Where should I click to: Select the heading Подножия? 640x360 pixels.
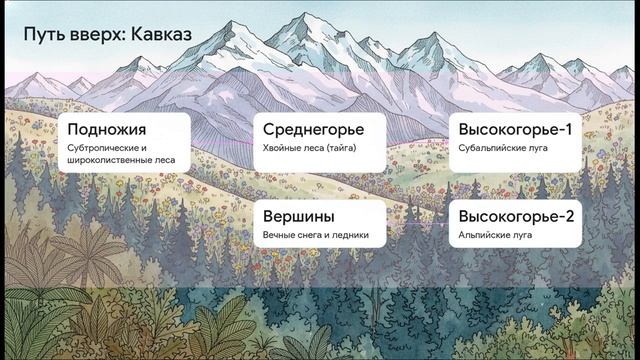(x=107, y=129)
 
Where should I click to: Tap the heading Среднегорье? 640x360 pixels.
(x=313, y=129)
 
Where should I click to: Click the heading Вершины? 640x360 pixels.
(x=298, y=216)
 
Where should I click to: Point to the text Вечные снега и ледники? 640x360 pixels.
(x=316, y=235)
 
